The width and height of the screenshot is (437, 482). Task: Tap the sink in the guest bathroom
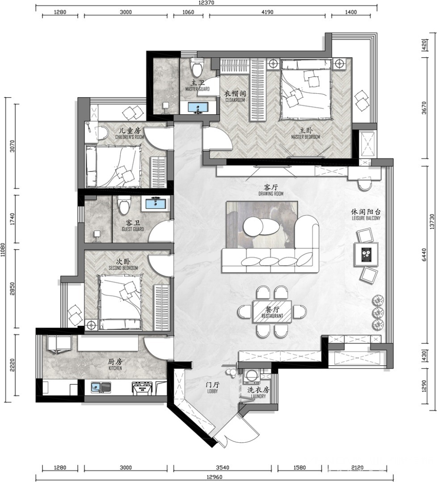[155, 204]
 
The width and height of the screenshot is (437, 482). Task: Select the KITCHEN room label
[115, 368]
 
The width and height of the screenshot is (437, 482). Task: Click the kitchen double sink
[101, 387]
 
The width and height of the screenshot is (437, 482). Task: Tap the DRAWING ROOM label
[271, 194]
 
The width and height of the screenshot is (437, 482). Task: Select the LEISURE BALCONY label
[366, 218]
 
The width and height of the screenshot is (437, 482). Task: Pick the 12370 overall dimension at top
[206, 3]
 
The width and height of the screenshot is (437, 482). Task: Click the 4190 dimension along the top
[267, 12]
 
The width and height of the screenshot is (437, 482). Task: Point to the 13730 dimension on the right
[433, 221]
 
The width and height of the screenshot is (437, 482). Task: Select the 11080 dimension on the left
[3, 249]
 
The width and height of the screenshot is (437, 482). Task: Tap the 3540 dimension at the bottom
[222, 468]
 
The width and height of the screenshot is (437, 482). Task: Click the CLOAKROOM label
[235, 100]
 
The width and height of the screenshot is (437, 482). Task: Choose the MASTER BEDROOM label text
[306, 137]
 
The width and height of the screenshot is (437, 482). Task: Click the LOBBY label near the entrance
[212, 391]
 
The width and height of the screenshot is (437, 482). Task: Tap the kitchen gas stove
[142, 388]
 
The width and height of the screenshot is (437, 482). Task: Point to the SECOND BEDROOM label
[123, 268]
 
